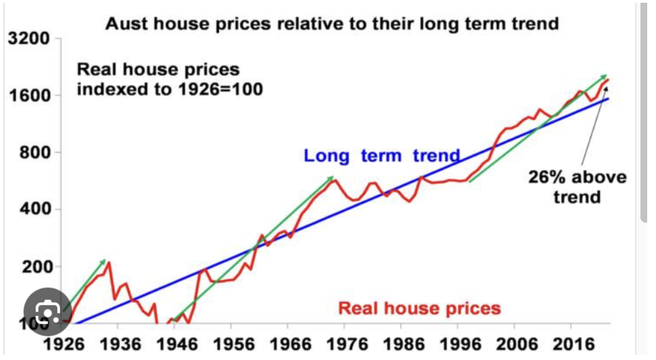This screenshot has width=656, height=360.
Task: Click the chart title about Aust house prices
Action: pos(332,24)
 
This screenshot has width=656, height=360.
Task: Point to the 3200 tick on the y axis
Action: pos(28,40)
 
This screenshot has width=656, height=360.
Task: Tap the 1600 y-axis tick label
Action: pos(28,96)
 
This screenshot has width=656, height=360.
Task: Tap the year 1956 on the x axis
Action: pos(231,346)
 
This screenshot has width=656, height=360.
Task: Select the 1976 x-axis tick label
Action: pos(344,346)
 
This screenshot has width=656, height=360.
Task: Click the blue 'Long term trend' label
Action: pos(382,156)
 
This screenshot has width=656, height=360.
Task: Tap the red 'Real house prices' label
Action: pos(419,308)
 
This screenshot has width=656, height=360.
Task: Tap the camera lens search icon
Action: pos(48,313)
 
